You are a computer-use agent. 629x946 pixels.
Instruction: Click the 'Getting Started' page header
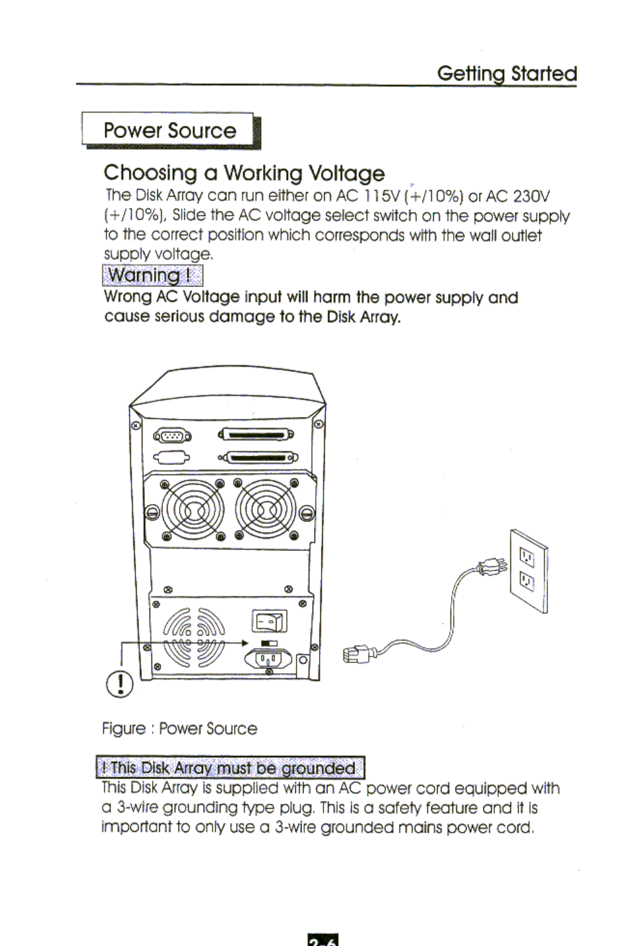pos(507,73)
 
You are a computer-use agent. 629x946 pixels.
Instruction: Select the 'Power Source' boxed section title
pos(169,131)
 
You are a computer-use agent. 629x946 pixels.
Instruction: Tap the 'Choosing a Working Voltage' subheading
pos(244,173)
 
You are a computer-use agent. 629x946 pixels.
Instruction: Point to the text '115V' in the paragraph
pos(382,196)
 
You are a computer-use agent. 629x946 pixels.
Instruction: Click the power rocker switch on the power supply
pos(269,622)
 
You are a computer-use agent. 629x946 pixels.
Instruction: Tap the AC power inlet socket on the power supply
pos(268,659)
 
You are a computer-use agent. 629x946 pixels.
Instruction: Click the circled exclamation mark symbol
pos(120,684)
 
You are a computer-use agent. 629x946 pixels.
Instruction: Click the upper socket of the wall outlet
pos(527,556)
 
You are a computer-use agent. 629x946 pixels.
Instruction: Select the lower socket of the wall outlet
pos(527,582)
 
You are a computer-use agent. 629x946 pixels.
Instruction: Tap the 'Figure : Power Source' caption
pos(179,729)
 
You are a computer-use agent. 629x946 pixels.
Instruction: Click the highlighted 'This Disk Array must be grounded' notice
pos(230,768)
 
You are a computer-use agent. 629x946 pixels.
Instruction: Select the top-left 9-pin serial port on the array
pos(171,437)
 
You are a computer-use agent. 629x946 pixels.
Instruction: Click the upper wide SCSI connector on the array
pos(256,435)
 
